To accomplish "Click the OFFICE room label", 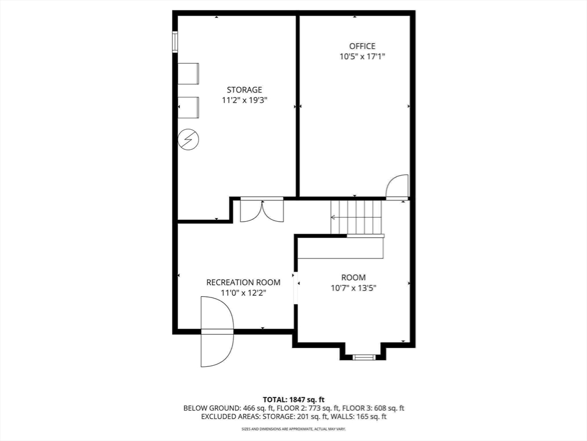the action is coord(362,46).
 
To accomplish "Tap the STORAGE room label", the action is coord(244,90).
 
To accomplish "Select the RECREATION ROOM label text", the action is coord(243,283).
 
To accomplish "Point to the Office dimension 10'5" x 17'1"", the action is coord(362,57).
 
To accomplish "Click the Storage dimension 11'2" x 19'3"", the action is coord(244,100).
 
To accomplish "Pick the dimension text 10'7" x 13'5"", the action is coord(353,288).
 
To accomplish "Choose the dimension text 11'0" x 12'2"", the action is coord(243,293).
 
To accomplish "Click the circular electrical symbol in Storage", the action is coord(188,140).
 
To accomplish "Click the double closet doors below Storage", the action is coord(262,211).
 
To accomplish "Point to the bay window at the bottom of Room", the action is coord(363,357).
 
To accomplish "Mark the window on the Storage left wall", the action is coord(175,41).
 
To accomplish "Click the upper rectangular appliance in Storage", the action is coord(188,73).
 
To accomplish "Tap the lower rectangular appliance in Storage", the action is coord(188,107).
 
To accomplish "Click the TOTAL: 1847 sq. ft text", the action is coord(293,400).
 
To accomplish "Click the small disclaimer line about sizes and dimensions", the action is coord(293,428).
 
